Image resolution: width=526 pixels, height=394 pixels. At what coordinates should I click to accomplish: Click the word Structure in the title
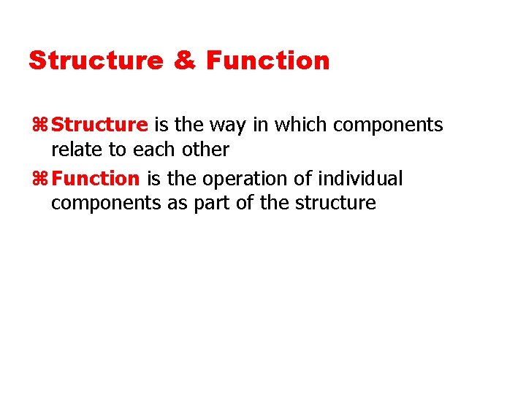pyautogui.click(x=96, y=61)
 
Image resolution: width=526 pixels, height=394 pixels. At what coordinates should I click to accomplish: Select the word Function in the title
pyautogui.click(x=268, y=61)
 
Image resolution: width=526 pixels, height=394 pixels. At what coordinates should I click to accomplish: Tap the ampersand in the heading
pyautogui.click(x=185, y=61)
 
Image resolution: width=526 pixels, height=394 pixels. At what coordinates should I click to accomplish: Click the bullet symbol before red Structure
pyautogui.click(x=41, y=125)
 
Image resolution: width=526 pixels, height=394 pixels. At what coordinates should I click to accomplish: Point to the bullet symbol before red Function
pyautogui.click(x=41, y=179)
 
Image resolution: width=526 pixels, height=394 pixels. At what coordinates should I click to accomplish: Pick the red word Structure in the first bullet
pyautogui.click(x=100, y=125)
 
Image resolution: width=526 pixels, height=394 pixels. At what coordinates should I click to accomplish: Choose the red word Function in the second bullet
pyautogui.click(x=96, y=178)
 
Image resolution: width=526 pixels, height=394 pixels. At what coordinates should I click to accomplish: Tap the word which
pyautogui.click(x=300, y=125)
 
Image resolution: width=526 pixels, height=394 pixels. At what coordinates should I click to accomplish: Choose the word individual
pyautogui.click(x=359, y=178)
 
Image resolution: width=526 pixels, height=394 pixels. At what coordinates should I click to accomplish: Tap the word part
pyautogui.click(x=210, y=204)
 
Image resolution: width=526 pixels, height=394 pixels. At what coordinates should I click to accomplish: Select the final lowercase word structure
pyautogui.click(x=335, y=203)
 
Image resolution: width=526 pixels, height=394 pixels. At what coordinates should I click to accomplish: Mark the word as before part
pyautogui.click(x=178, y=204)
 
